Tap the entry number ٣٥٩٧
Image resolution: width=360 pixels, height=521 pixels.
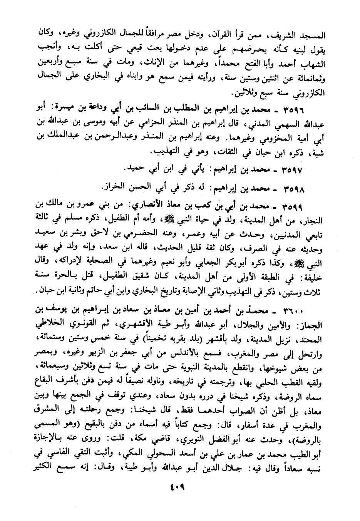pos(294,169)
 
